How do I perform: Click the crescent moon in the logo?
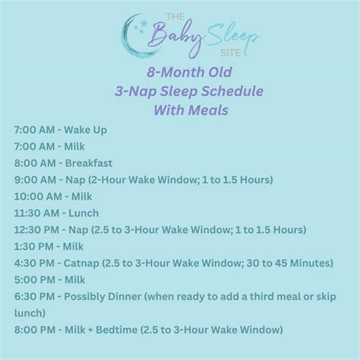pyautogui.click(x=130, y=39)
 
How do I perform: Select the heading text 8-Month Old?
pyautogui.click(x=180, y=74)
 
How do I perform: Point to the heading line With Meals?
pyautogui.click(x=180, y=109)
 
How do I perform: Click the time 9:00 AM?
pyautogui.click(x=36, y=179)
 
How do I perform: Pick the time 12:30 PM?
pyautogui.click(x=39, y=229)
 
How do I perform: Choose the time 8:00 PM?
pyautogui.click(x=36, y=329)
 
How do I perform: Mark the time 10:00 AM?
pyautogui.click(x=39, y=196)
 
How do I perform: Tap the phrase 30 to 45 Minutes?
pyautogui.click(x=286, y=262)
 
